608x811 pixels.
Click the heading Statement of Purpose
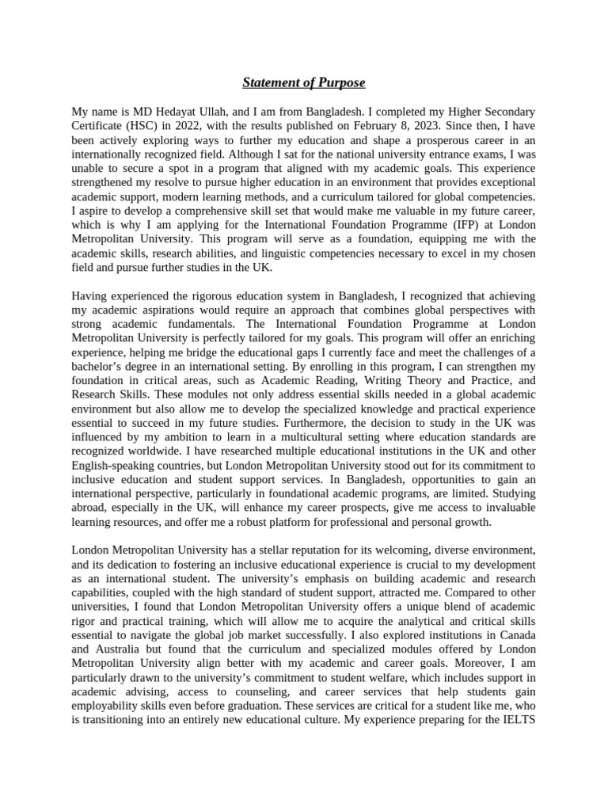(x=304, y=82)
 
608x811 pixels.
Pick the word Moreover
(x=486, y=679)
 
